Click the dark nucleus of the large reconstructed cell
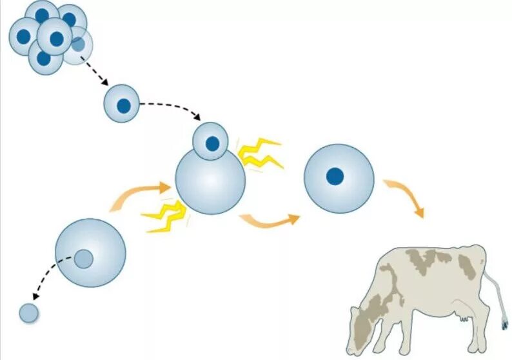coord(334,175)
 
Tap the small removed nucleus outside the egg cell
coord(29,313)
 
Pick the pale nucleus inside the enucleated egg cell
coord(83,259)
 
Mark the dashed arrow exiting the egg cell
coord(48,277)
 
